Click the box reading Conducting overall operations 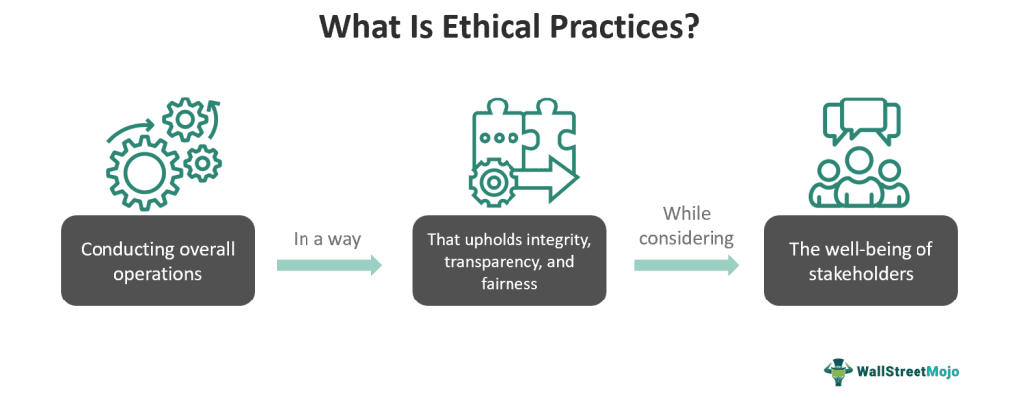coord(157,261)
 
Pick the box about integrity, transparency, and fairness coord(509,261)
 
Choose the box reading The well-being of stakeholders coord(861,261)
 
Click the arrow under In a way coord(327,265)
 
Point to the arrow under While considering coord(686,265)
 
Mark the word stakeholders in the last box coord(861,272)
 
